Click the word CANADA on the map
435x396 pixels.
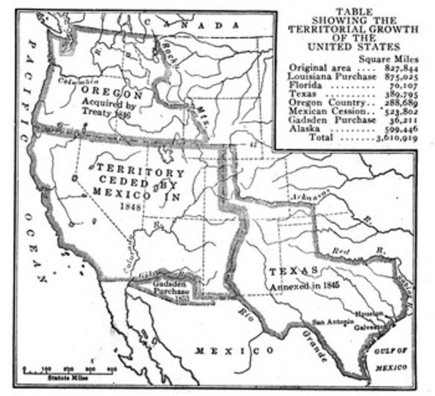210,26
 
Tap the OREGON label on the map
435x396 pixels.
116,95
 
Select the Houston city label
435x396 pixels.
369,313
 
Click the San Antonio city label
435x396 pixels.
331,323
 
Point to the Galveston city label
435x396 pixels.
370,324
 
